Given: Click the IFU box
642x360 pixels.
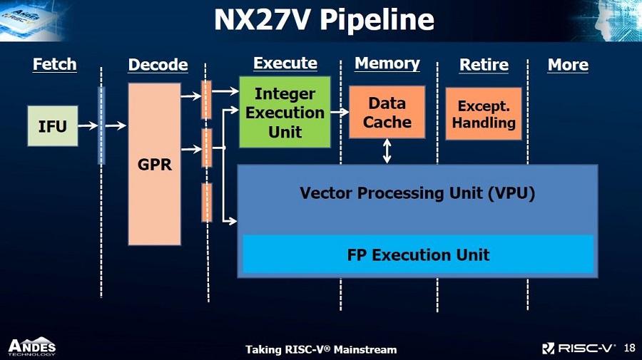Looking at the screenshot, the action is (x=52, y=126).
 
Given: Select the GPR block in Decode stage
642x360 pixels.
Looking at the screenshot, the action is (x=154, y=164).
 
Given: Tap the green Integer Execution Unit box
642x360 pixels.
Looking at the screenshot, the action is (x=285, y=112).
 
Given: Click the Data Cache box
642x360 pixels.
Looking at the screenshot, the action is (x=387, y=112).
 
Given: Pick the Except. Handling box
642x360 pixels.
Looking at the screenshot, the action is (x=484, y=114).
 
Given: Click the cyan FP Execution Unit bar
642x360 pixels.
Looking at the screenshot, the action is (x=418, y=254).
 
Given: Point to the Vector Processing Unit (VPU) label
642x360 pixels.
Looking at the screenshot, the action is (x=417, y=193).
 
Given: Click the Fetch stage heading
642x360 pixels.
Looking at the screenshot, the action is (x=54, y=64).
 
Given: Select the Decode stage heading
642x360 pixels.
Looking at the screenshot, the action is (x=158, y=65).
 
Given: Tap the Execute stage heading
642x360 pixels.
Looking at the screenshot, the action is (x=285, y=63).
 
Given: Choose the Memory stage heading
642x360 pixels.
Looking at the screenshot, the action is (x=387, y=63).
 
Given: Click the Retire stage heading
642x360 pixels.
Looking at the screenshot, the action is (x=484, y=65).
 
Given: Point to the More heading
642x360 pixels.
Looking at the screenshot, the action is (x=568, y=65).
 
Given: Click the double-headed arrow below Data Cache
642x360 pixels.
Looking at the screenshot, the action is (x=387, y=151).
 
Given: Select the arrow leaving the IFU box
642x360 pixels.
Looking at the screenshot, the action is (x=88, y=125).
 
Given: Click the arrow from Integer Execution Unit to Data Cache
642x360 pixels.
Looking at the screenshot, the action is (x=340, y=112).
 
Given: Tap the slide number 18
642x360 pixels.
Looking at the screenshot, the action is (x=629, y=348).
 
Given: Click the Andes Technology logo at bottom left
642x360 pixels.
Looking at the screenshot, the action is (x=32, y=347).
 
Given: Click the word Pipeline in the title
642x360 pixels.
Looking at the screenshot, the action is (x=377, y=20).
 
